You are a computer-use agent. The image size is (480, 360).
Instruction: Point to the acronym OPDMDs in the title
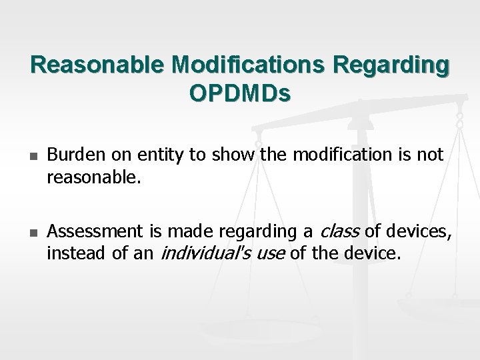[x=240, y=94]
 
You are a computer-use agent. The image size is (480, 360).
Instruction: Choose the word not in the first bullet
[x=431, y=155]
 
